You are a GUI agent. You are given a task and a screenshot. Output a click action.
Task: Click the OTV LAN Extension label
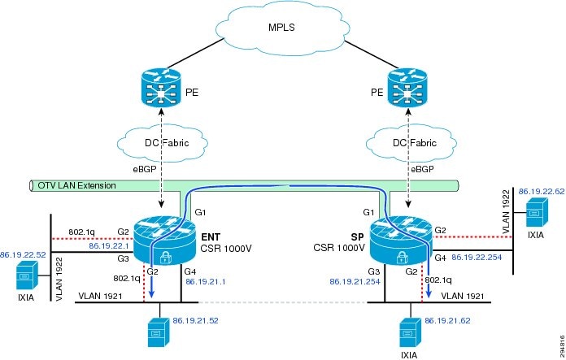click(77, 186)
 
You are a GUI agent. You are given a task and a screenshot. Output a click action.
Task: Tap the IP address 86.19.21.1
click(204, 282)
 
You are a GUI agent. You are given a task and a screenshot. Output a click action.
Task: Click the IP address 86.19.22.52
click(22, 254)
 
